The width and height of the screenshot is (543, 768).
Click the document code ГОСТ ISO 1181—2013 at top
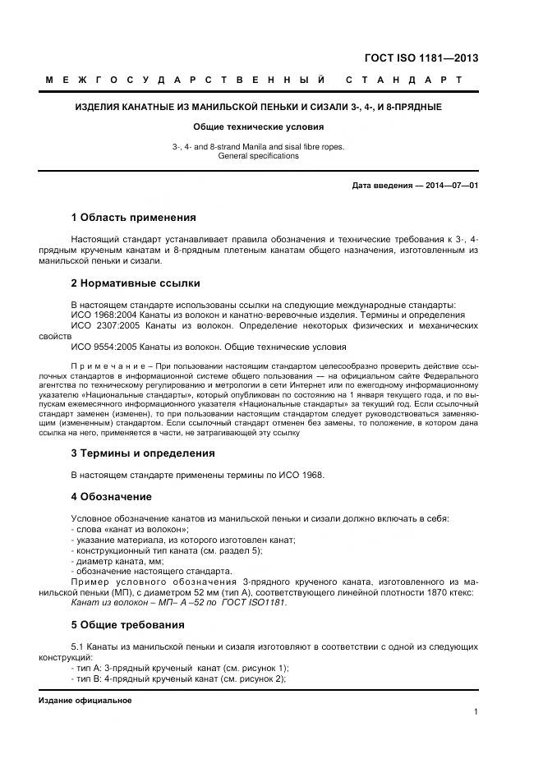[421, 58]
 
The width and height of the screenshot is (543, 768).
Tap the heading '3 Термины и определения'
[143, 453]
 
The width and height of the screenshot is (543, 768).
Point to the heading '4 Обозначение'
[113, 497]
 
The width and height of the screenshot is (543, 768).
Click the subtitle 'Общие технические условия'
[259, 127]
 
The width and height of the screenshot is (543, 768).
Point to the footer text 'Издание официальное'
[85, 701]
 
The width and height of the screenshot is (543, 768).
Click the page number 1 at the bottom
[476, 712]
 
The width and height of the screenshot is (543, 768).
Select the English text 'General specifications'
[258, 155]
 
